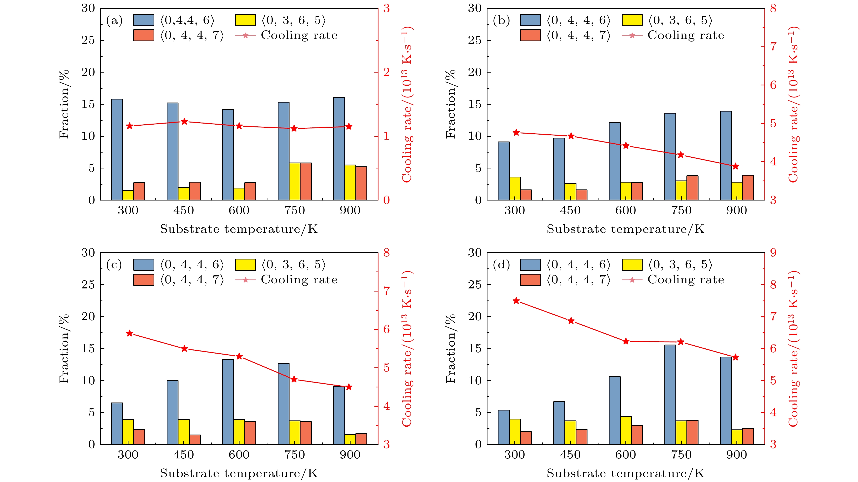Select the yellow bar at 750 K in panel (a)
click(294, 182)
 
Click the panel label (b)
click(501, 21)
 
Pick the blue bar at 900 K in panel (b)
click(725, 156)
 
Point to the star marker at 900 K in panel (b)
click(735, 166)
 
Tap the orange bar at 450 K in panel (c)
click(195, 439)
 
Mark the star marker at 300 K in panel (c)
click(130, 334)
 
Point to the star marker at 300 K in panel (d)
click(516, 301)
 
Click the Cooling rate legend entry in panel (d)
click(685, 279)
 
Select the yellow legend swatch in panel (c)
click(245, 265)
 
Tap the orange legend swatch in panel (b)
click(530, 35)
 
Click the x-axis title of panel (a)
click(239, 229)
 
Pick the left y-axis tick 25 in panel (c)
click(88, 285)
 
